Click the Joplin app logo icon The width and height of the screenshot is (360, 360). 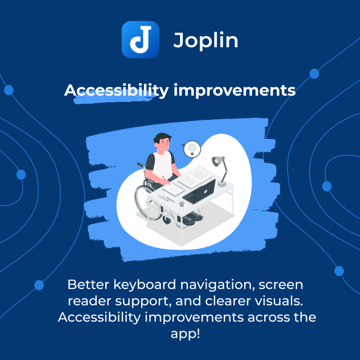(x=140, y=39)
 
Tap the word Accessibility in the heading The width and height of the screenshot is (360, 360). (x=115, y=90)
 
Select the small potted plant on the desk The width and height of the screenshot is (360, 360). (x=181, y=202)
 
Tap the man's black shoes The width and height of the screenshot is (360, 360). (x=191, y=217)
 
